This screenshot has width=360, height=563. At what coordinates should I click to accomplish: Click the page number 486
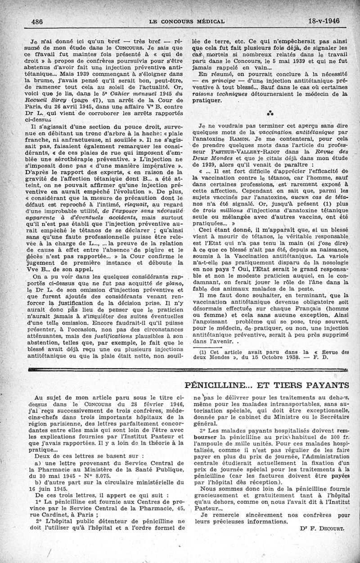pos(38,21)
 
